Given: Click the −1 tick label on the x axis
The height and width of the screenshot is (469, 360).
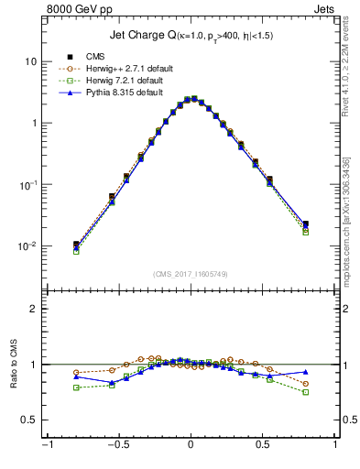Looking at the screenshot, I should pyautogui.click(x=47, y=448).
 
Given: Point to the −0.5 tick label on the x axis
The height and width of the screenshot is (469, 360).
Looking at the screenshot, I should pyautogui.click(x=117, y=448).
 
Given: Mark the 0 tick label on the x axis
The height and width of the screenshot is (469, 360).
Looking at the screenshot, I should pyautogui.click(x=191, y=448).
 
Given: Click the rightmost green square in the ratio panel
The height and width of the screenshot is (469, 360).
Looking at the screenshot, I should pyautogui.click(x=305, y=392).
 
